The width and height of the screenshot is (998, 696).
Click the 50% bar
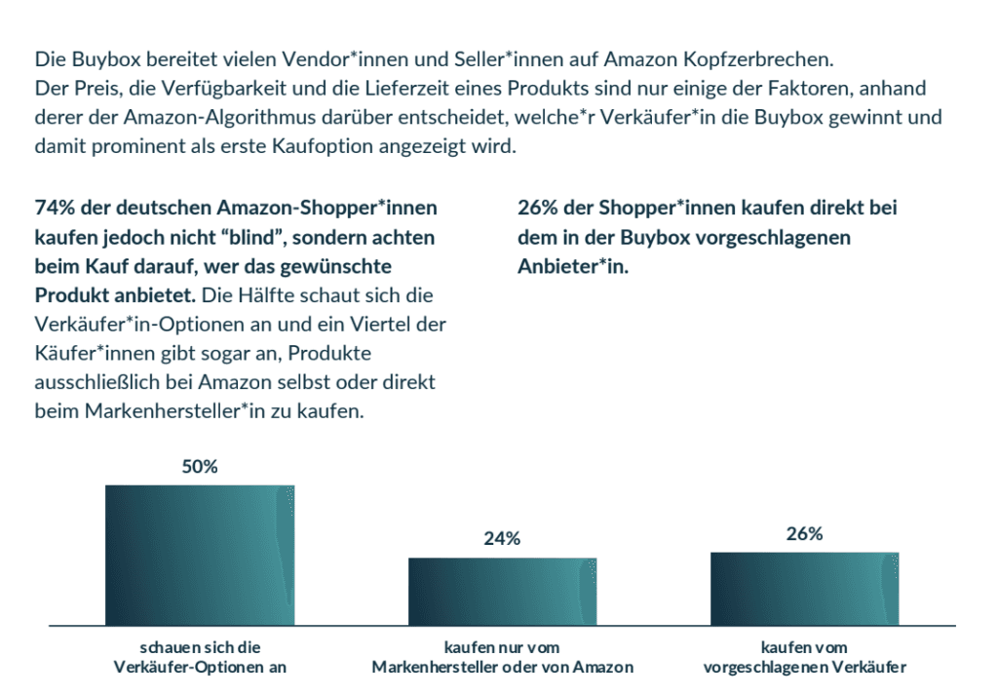pos(200,555)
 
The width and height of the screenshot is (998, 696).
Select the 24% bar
pos(502,591)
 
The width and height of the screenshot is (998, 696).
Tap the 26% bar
pos(804,588)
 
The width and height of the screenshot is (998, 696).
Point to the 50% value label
pos(200,466)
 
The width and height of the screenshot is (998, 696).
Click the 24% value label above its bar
pos(502,538)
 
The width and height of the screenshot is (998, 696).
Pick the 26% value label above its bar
pos(804,533)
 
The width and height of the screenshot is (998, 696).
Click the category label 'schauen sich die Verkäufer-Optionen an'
pos(200,657)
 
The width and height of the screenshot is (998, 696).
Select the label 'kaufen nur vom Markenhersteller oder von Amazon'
pos(502,657)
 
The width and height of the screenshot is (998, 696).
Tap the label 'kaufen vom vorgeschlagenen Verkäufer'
pos(804,657)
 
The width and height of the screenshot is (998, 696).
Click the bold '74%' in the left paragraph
pos(55,208)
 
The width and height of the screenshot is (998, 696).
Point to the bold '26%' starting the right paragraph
pos(537,208)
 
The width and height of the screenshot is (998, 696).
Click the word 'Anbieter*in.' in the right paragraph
pos(572,266)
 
